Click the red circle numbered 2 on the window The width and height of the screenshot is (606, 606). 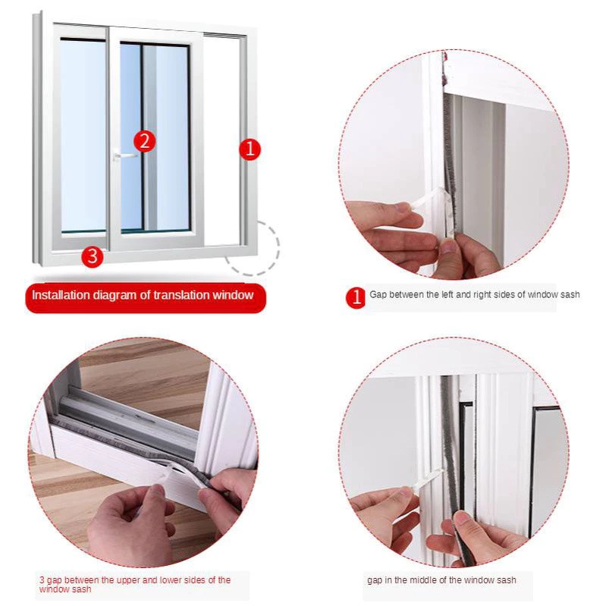[145, 141]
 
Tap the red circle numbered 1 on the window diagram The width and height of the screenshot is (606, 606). [250, 149]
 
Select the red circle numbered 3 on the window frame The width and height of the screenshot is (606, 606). [93, 256]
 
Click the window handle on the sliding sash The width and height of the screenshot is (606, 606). [124, 155]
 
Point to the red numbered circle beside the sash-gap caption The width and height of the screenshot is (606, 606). [356, 297]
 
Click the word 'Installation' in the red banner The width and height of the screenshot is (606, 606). [61, 295]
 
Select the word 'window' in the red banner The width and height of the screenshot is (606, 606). [233, 295]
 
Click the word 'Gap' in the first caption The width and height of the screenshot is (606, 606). [378, 295]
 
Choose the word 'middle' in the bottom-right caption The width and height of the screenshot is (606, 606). [422, 580]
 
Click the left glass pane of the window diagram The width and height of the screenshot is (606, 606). [83, 135]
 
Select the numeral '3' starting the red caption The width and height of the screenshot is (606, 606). [42, 580]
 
